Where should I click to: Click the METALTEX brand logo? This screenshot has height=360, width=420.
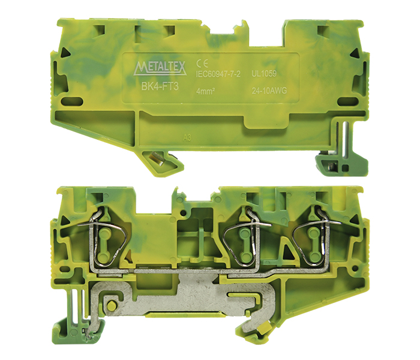pos(160,68)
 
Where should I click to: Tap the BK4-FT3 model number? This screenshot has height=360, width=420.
pos(160,86)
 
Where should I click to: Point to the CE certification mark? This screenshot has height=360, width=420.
pos(202,63)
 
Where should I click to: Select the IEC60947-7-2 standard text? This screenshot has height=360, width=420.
pos(218,74)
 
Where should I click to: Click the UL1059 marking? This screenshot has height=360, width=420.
pos(264,74)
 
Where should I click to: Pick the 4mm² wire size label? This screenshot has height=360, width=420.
pos(205,91)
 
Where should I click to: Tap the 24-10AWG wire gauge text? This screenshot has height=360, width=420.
pos(269,91)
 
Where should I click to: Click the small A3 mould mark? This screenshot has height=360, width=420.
pos(187,138)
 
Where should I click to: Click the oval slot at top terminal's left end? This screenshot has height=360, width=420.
pos(72,102)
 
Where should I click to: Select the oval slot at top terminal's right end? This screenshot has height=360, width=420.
pos(347,102)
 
